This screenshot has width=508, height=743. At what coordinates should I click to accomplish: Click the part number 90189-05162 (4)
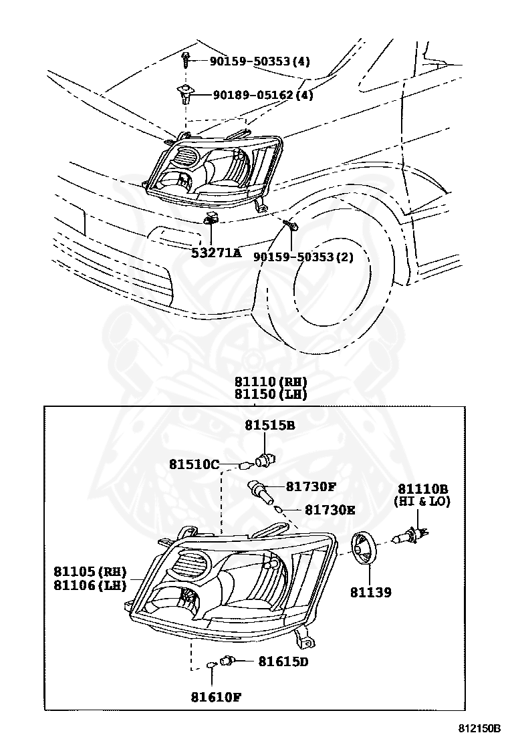pyautogui.click(x=263, y=95)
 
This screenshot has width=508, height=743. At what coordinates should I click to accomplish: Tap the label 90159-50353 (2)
pyautogui.click(x=303, y=257)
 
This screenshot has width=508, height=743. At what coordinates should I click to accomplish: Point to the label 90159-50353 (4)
pyautogui.click(x=259, y=61)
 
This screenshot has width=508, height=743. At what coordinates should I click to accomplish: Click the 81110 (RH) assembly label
pyautogui.click(x=270, y=382)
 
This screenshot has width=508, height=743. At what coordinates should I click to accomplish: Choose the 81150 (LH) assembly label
pyautogui.click(x=270, y=394)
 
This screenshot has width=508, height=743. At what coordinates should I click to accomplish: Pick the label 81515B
pyautogui.click(x=269, y=424)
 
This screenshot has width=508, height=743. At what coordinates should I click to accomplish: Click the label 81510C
pyautogui.click(x=194, y=464)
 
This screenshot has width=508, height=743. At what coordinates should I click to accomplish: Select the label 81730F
pyautogui.click(x=311, y=488)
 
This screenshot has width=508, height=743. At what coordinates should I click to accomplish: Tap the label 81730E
pyautogui.click(x=330, y=510)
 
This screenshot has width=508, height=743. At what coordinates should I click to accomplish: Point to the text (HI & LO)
pyautogui.click(x=422, y=501)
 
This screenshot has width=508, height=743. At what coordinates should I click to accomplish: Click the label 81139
pyautogui.click(x=370, y=592)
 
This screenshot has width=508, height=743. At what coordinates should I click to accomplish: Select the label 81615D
pyautogui.click(x=283, y=661)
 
